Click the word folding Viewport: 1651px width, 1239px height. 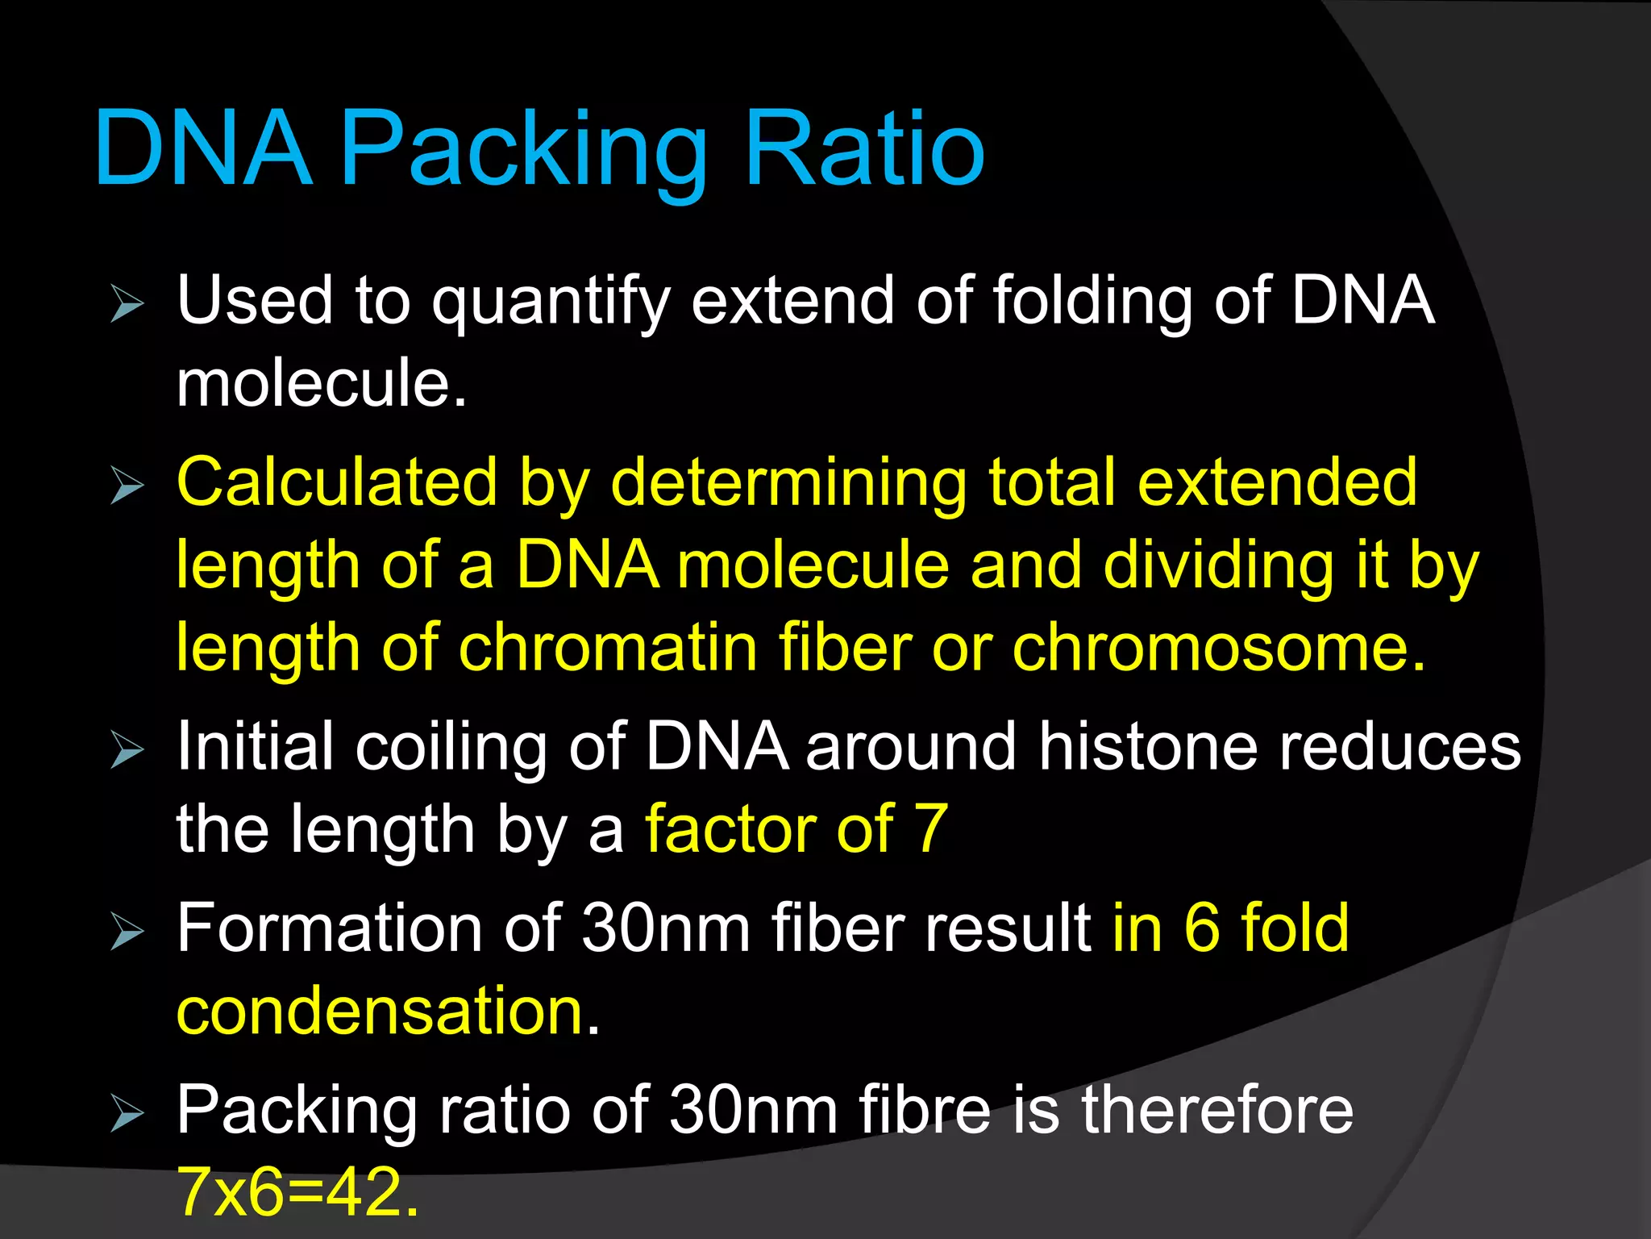coord(1092,302)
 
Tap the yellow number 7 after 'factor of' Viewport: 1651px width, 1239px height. coord(930,828)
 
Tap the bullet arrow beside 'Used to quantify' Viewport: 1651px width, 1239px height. coord(127,304)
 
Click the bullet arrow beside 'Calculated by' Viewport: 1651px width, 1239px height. coord(127,486)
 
